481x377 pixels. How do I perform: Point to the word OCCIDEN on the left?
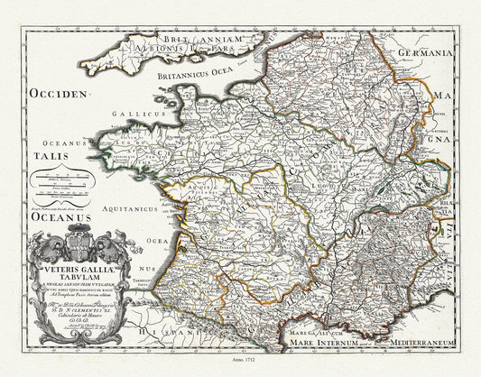pyautogui.click(x=59, y=93)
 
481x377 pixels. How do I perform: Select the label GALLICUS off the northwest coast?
pyautogui.click(x=131, y=114)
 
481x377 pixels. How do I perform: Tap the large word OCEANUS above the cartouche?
pyautogui.click(x=61, y=217)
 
